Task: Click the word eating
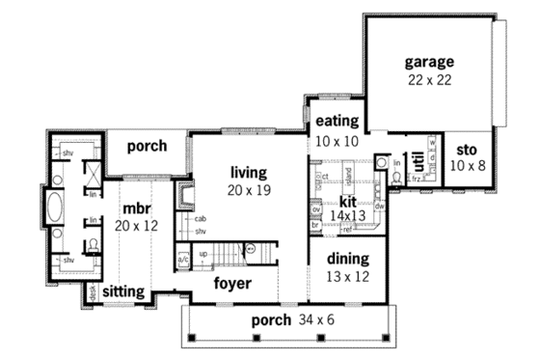[336, 122]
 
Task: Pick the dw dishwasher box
[380, 206]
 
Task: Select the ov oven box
[315, 208]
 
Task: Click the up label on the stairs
[203, 253]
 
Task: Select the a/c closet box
[183, 258]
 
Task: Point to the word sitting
[123, 290]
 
